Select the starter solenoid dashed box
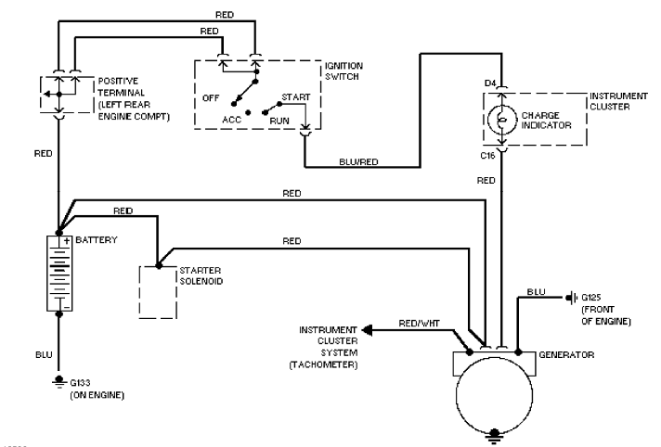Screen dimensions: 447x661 (158, 289)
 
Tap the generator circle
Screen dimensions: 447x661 (496, 390)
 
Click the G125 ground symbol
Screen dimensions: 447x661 (570, 299)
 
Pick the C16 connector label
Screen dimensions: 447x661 (487, 157)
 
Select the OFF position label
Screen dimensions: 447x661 (210, 96)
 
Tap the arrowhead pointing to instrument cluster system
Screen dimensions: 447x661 (367, 329)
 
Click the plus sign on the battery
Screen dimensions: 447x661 (68, 240)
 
